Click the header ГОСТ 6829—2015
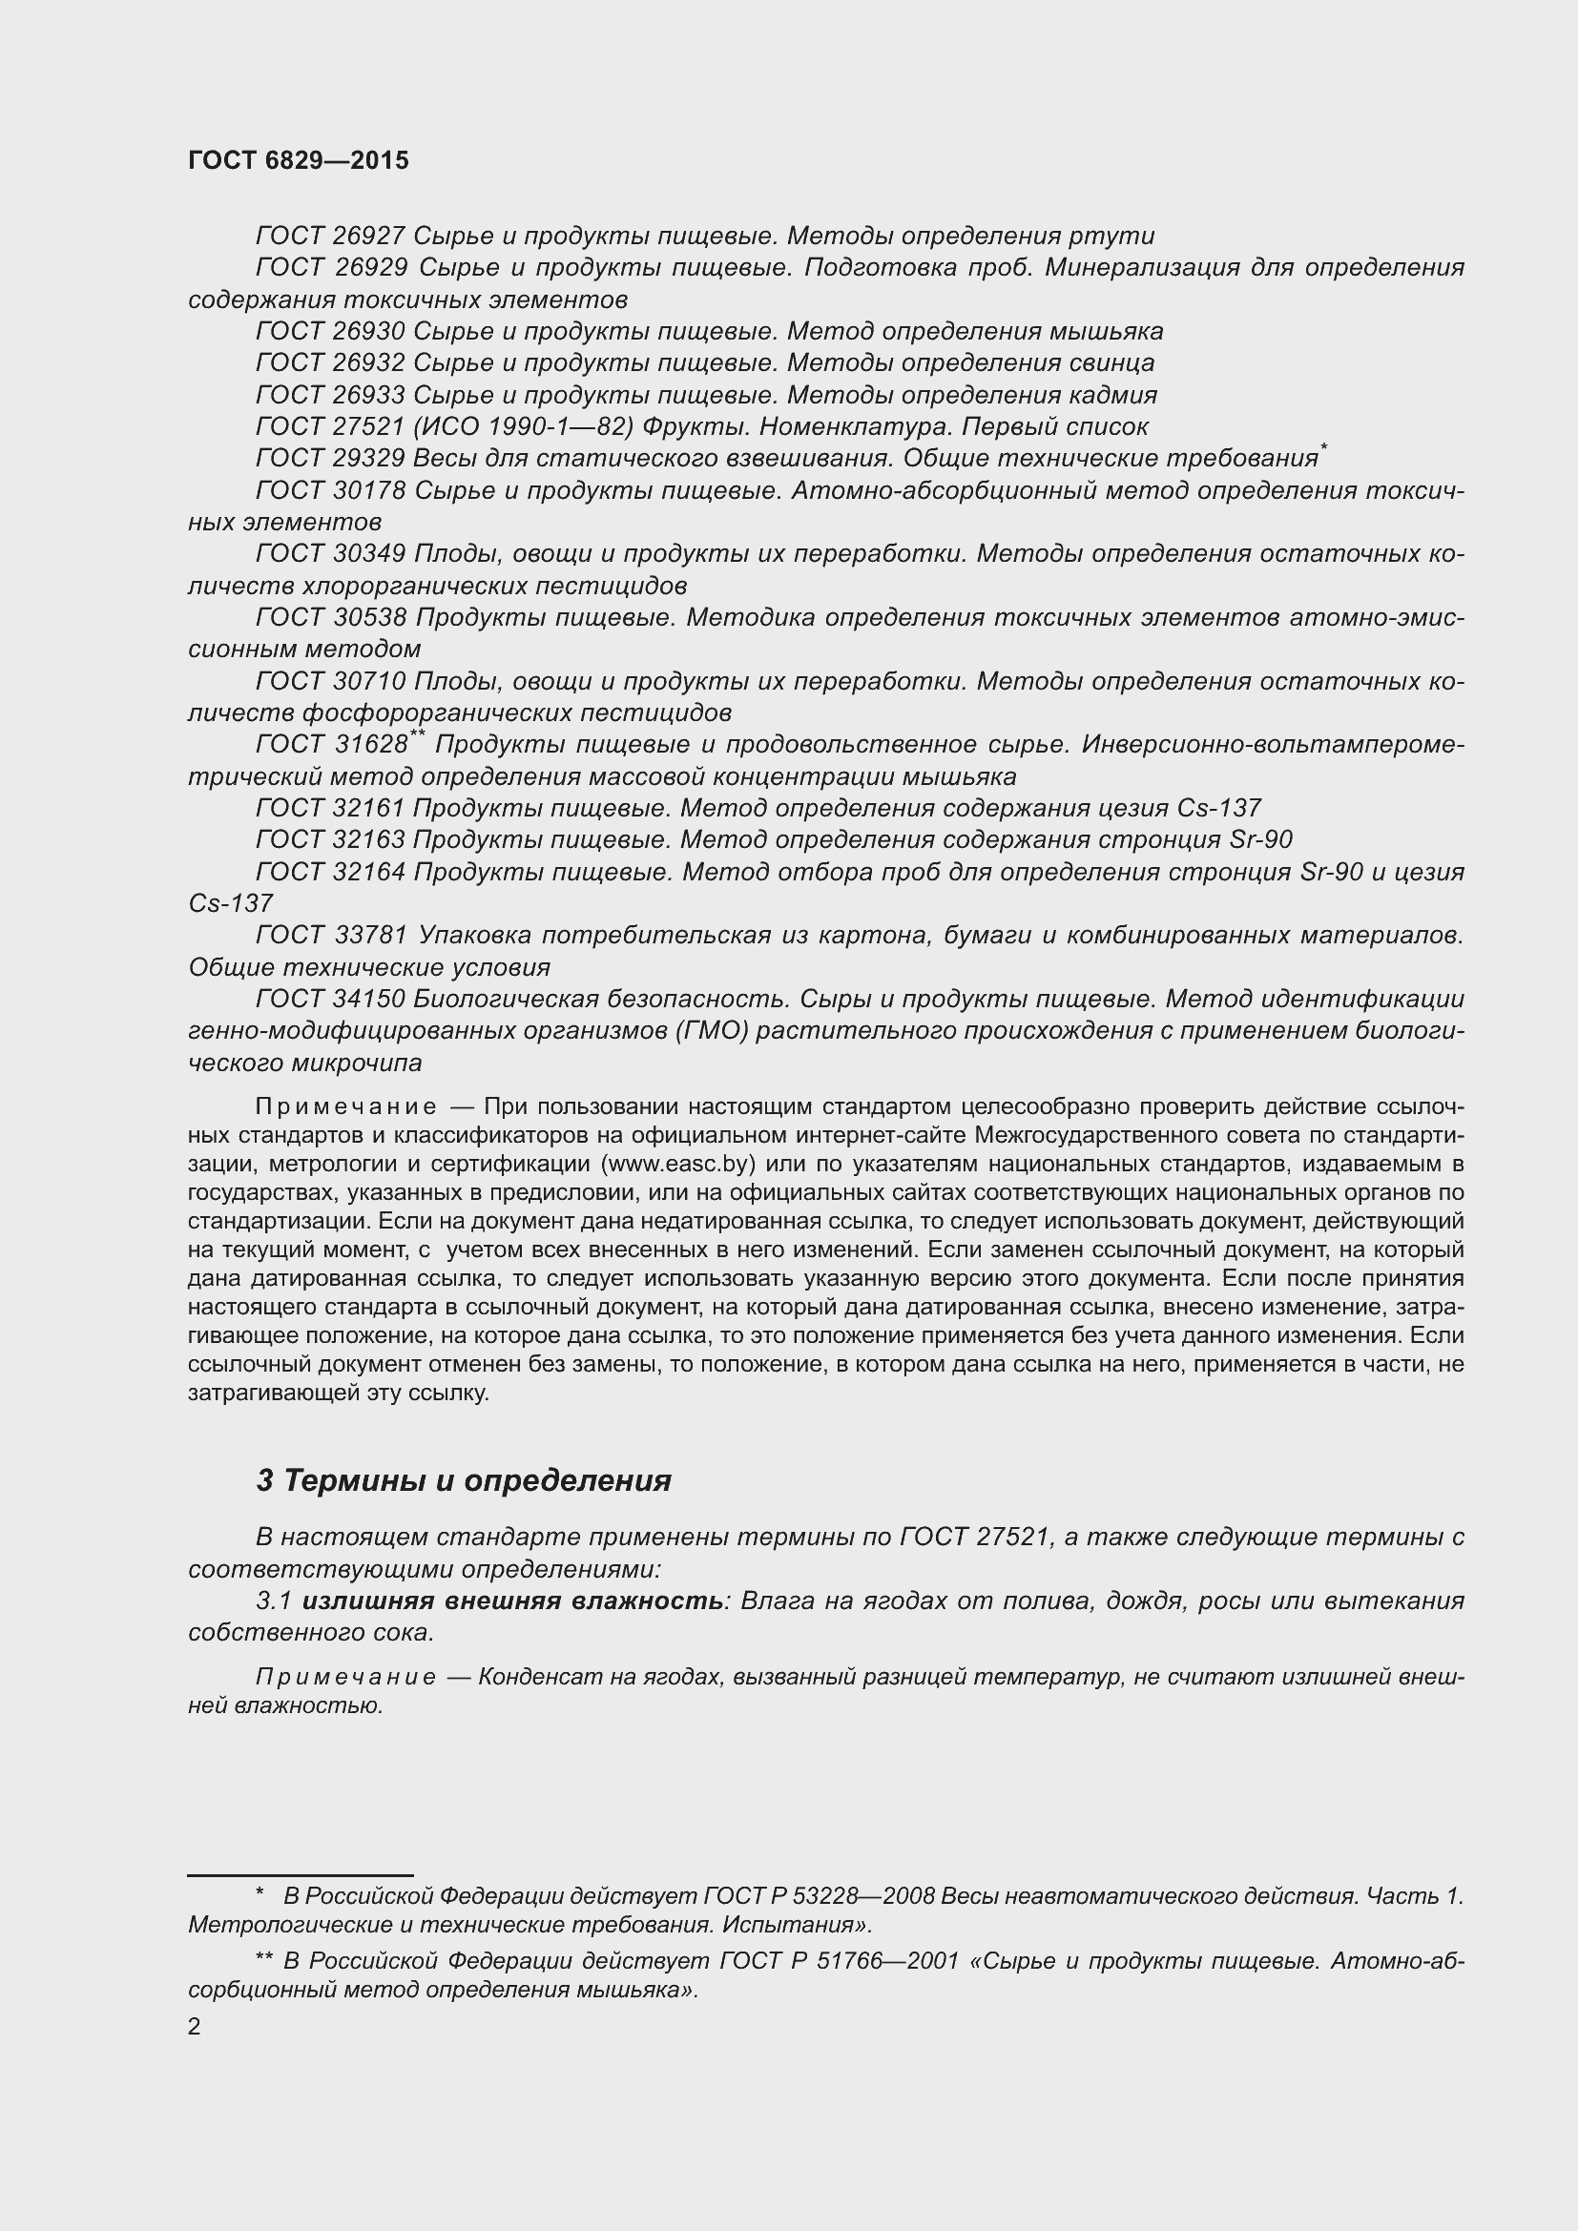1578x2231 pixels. (299, 160)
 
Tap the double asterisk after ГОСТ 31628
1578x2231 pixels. (418, 736)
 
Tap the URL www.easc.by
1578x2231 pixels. (678, 1164)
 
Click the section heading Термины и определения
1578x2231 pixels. (477, 1481)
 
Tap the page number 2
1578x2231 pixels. (195, 2027)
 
